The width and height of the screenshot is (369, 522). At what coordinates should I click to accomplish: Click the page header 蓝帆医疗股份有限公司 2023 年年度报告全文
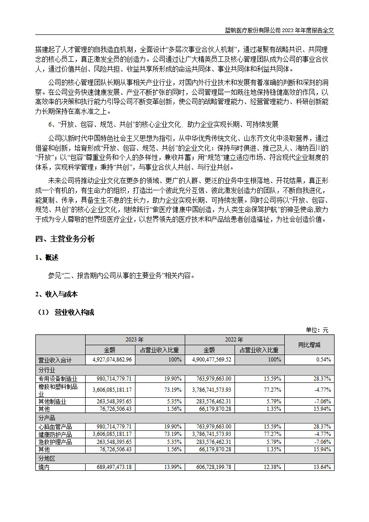point(280,30)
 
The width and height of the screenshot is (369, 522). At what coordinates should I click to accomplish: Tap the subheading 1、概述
point(47,258)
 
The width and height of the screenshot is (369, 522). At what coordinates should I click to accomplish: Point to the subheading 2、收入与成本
point(56,294)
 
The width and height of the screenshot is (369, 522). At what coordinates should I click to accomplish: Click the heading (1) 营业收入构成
point(65,312)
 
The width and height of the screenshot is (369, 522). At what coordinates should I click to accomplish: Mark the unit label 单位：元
point(317,330)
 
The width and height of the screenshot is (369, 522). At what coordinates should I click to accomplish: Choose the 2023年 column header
point(135,340)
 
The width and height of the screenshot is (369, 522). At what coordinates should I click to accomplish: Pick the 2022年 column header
point(235,340)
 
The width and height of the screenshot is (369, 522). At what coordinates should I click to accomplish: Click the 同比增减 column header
point(309,345)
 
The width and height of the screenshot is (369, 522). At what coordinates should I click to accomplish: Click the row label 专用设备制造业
point(58,379)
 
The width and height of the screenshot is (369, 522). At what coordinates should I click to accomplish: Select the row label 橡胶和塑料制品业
point(58,390)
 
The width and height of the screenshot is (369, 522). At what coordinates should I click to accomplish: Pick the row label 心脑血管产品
point(54,426)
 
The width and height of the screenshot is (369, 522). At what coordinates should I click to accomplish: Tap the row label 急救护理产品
point(54,442)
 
